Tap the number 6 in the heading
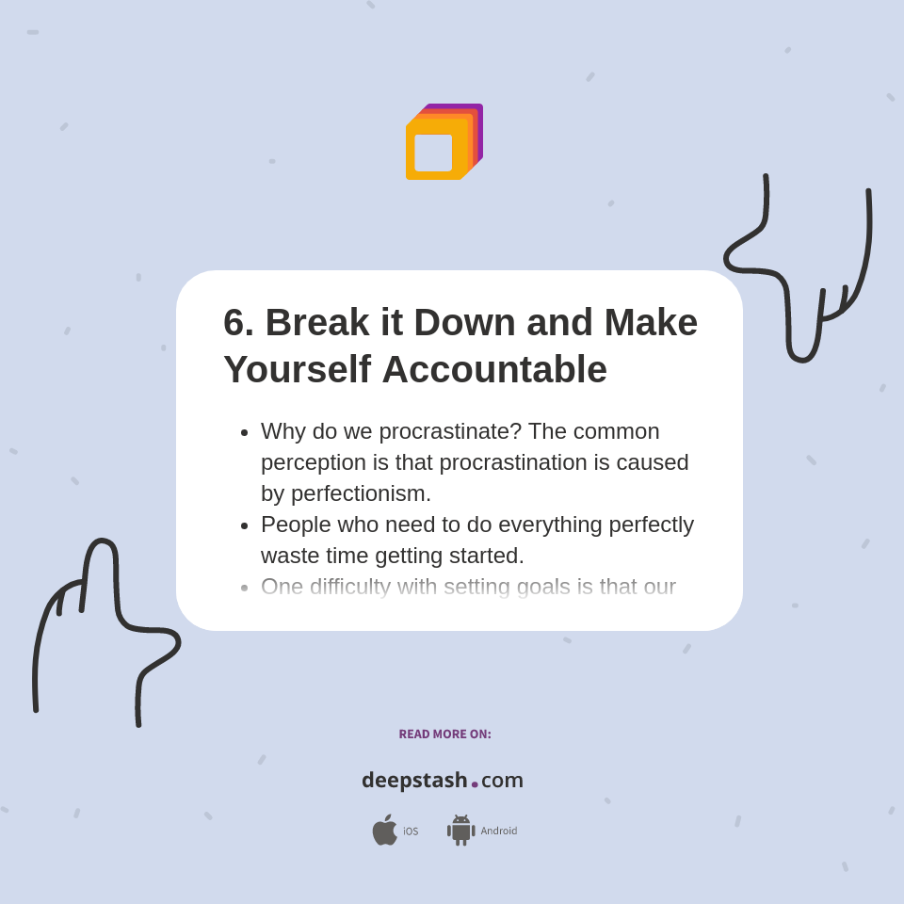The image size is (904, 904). pos(234,323)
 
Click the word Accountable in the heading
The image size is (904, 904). pos(494,369)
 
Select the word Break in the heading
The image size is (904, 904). pos(317,323)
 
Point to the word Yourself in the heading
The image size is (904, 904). pos(297,369)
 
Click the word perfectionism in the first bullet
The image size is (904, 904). pos(361,493)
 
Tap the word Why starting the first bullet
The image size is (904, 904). pos(282,431)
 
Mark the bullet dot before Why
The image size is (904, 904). pos(245,432)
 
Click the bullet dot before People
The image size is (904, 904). pos(245,525)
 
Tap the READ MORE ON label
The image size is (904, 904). pos(444,734)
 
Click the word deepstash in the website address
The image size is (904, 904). pos(414,781)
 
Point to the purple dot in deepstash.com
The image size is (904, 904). pos(475,784)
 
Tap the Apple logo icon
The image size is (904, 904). pos(384,830)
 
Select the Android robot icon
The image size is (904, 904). pos(460,830)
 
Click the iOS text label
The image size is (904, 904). pos(411,831)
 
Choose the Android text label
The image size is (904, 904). pos(499,831)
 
